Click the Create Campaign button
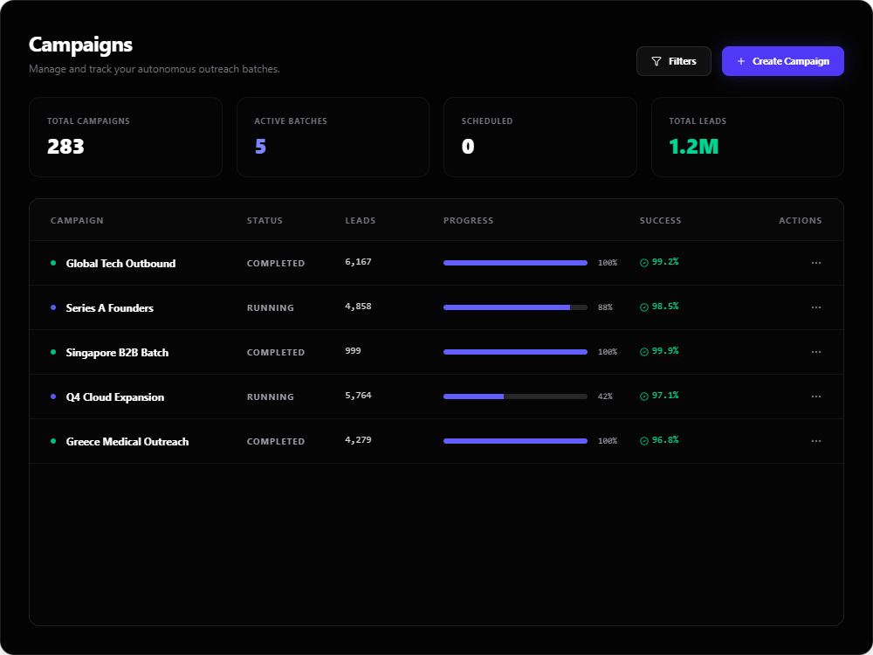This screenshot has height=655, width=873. click(x=783, y=61)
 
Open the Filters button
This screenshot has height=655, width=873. click(x=674, y=61)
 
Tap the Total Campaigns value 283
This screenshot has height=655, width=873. click(x=65, y=147)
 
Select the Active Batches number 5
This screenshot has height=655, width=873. click(x=260, y=147)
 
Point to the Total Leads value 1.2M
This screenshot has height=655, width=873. click(x=694, y=147)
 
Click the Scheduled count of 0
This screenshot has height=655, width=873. click(x=468, y=147)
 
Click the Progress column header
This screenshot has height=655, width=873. click(x=468, y=221)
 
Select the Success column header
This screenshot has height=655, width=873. click(x=660, y=221)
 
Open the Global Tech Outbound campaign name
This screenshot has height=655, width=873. click(x=120, y=264)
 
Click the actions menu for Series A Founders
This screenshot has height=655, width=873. click(x=816, y=307)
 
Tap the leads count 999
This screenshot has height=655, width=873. click(x=353, y=351)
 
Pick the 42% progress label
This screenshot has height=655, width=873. click(x=605, y=396)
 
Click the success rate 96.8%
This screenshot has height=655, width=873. click(x=665, y=440)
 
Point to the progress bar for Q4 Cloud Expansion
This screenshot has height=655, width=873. click(x=515, y=396)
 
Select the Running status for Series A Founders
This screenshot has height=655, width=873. click(x=271, y=307)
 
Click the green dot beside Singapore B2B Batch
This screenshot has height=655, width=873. click(x=53, y=352)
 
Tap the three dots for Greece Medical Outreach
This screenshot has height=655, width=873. click(x=816, y=441)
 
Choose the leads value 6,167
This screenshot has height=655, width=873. click(x=358, y=262)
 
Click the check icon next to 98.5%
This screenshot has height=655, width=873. click(x=644, y=307)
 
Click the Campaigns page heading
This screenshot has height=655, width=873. click(x=80, y=45)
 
